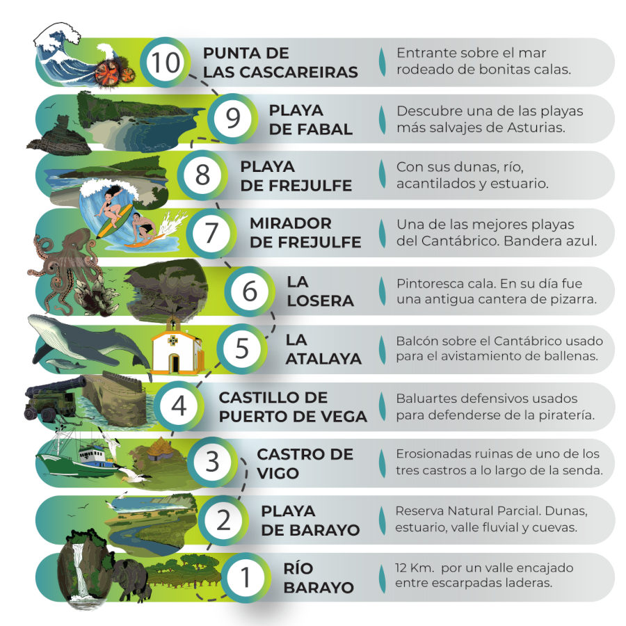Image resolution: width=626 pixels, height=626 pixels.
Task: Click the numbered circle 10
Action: [164, 63]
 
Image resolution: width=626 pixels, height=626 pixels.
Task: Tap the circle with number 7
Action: [211, 233]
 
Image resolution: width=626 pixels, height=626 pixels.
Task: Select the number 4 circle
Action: [179, 406]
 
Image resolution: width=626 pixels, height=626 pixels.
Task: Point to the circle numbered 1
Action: [245, 577]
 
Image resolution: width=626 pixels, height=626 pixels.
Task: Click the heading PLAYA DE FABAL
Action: [311, 120]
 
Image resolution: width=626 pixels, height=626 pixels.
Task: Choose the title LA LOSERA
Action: [320, 291]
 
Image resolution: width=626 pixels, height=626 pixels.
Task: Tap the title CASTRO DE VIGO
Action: [305, 463]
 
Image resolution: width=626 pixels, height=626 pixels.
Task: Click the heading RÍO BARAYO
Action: [319, 578]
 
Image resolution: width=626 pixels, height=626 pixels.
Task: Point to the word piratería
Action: [567, 415]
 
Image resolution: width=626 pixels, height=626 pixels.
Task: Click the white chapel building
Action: [177, 346]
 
